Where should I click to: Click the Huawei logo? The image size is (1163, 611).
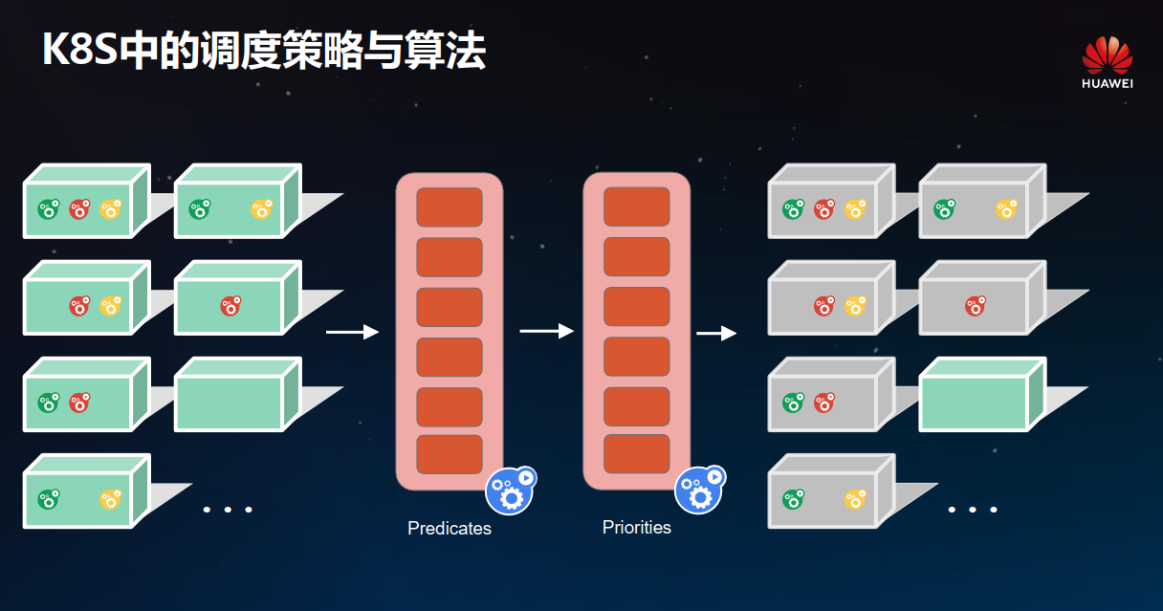(1108, 55)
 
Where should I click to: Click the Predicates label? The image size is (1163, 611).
(449, 529)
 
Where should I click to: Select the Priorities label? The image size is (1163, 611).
(636, 528)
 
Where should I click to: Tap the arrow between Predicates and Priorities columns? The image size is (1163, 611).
(546, 331)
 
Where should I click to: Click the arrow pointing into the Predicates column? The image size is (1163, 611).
(352, 332)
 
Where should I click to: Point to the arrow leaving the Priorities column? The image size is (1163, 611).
(716, 333)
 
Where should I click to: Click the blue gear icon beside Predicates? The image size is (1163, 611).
(510, 491)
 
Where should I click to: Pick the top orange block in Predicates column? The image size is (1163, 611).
(450, 207)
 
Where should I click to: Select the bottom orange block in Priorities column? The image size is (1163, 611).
(637, 453)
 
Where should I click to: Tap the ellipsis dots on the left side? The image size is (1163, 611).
(228, 509)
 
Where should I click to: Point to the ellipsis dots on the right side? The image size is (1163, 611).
(973, 509)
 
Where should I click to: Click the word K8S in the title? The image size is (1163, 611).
(79, 50)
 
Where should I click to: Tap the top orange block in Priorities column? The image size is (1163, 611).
(637, 207)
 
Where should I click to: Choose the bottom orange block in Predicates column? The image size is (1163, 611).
(450, 453)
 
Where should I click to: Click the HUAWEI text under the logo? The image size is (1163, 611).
(1108, 83)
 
